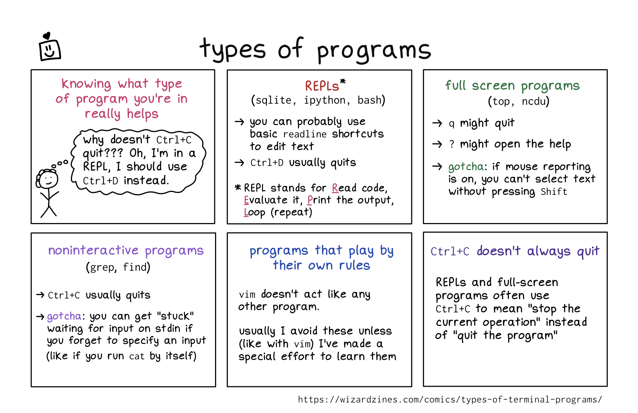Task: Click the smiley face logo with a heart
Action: [50, 48]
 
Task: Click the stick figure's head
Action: [48, 179]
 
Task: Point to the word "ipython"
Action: [325, 100]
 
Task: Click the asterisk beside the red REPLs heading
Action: [343, 81]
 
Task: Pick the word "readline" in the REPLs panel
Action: [305, 134]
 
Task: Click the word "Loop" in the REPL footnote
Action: [254, 213]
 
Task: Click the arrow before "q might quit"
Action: [437, 123]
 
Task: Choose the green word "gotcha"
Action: [466, 167]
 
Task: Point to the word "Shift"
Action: [554, 192]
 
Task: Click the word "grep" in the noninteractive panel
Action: [101, 268]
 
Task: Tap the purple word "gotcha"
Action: [64, 317]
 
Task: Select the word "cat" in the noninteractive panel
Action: [137, 356]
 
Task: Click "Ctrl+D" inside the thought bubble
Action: [100, 181]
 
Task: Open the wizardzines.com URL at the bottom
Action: [450, 399]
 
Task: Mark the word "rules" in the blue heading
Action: [354, 265]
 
